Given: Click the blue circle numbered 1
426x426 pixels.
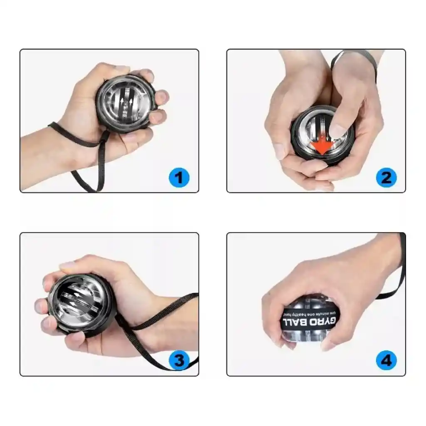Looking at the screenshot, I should pos(179,178).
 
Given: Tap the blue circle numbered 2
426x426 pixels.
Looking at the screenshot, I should pos(386,178).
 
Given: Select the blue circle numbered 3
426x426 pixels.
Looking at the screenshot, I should pos(179,360).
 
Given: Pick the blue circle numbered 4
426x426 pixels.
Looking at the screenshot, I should pos(386,360).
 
